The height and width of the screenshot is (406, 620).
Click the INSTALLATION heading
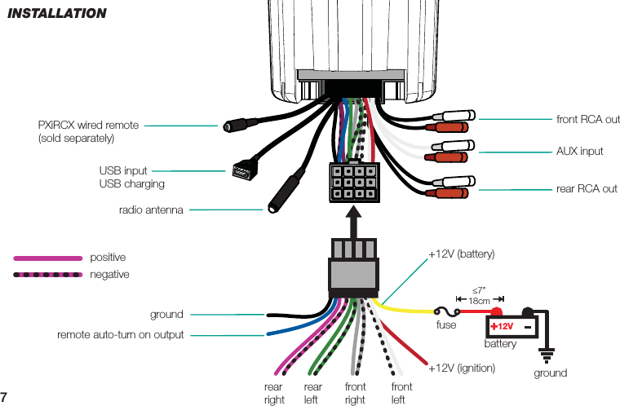point(56,13)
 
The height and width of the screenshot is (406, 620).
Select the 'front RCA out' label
point(587,120)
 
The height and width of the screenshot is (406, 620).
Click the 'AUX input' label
point(579,152)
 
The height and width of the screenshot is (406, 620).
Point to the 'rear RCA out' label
point(587,189)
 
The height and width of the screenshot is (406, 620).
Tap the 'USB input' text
point(123,171)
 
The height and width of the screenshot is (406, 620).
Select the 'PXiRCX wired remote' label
point(88,126)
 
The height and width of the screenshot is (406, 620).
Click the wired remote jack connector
point(233,126)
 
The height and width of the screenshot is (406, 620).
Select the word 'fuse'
point(447,324)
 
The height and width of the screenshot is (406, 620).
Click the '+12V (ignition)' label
point(462,368)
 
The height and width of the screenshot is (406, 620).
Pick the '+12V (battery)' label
point(462,254)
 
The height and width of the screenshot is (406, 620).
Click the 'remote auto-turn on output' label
point(120,335)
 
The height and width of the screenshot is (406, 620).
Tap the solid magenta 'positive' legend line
point(48,258)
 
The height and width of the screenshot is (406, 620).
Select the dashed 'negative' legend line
point(48,275)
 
